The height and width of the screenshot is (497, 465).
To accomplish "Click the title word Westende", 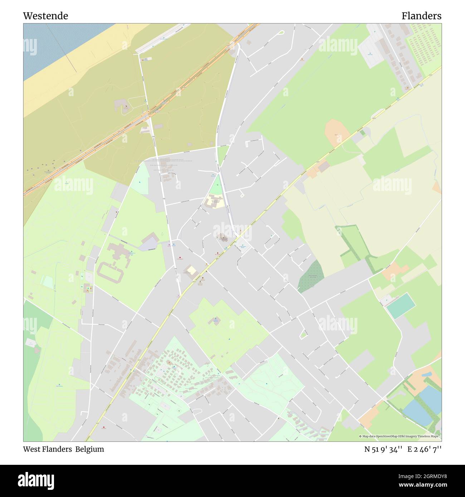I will (x=45, y=16).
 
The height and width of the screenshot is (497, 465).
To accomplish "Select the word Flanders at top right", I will (x=421, y=16).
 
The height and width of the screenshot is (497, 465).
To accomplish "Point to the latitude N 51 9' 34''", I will (x=383, y=449).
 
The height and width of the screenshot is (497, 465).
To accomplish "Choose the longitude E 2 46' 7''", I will (x=425, y=449).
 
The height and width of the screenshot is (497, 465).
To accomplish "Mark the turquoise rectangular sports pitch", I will (x=401, y=305).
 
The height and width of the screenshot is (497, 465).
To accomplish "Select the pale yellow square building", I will (x=192, y=270).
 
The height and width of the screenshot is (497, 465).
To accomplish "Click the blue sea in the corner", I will (x=54, y=43).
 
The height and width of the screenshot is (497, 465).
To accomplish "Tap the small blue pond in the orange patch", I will (x=426, y=374).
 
